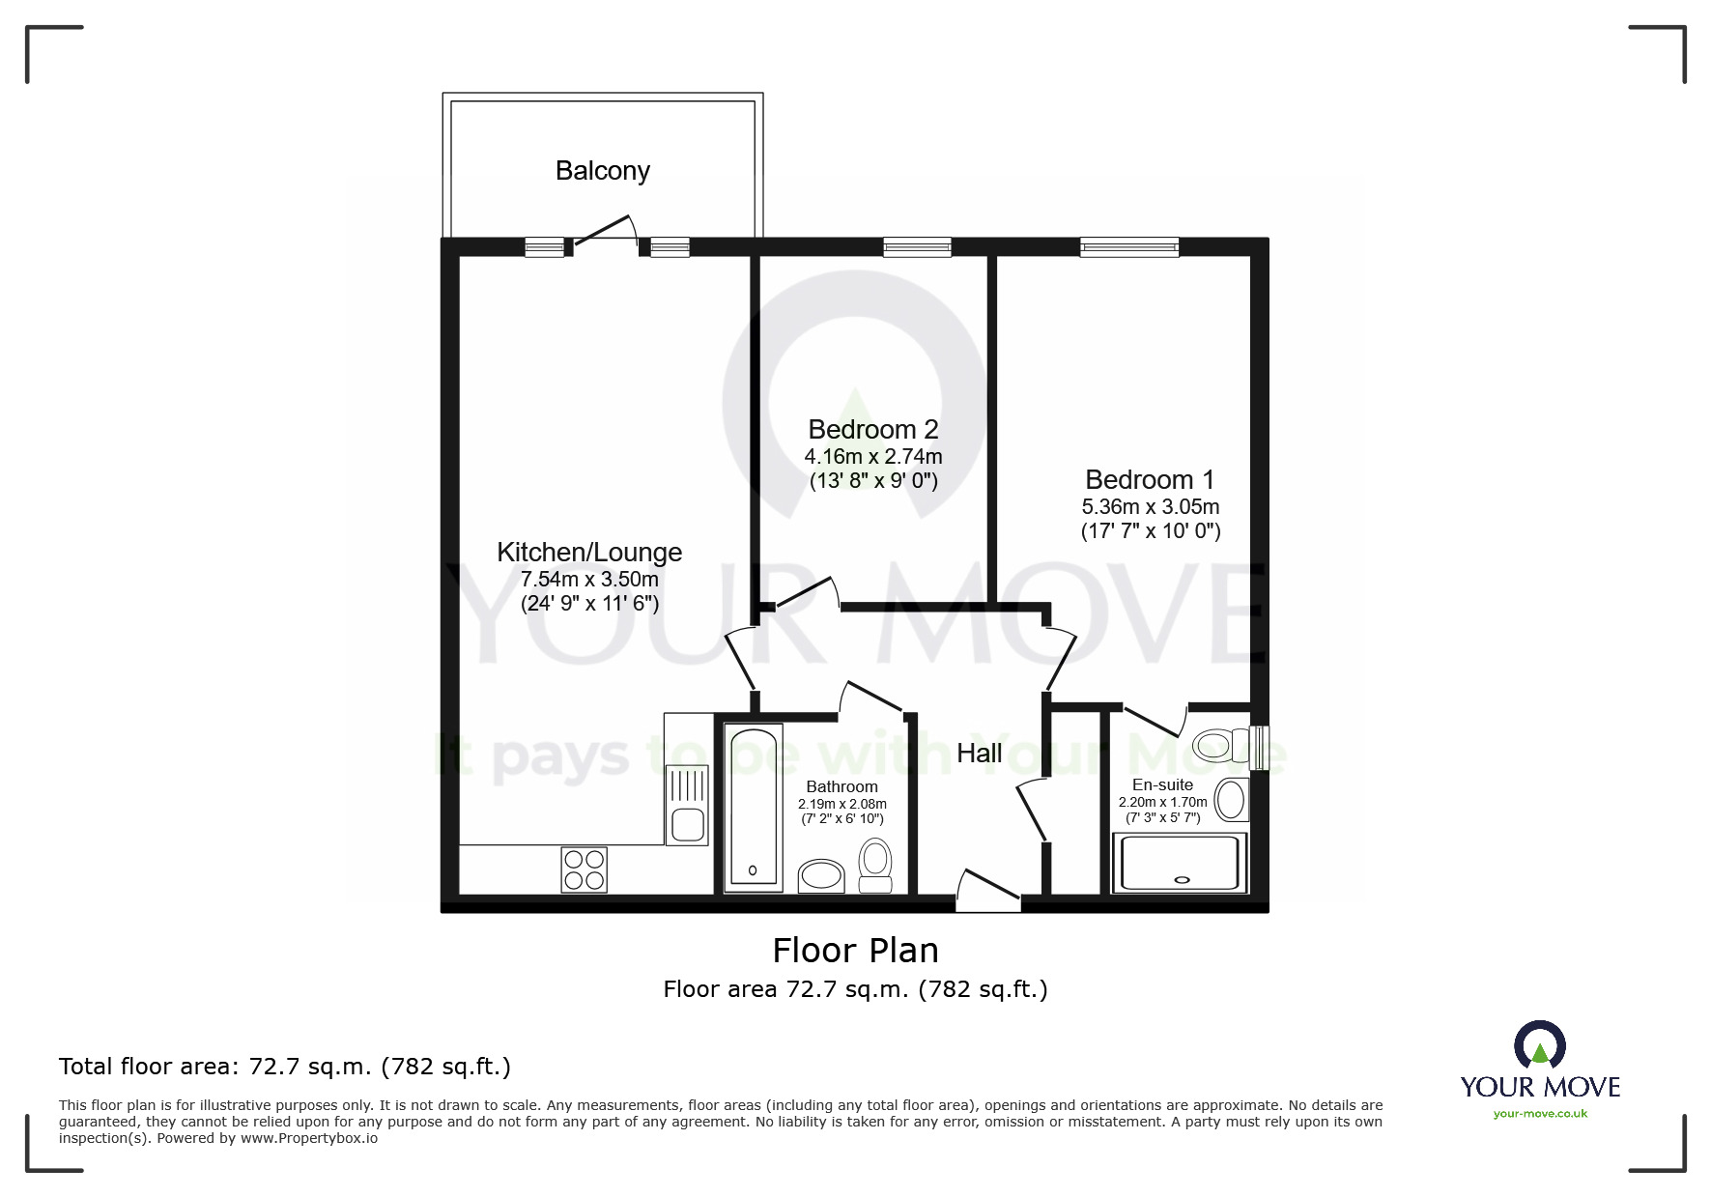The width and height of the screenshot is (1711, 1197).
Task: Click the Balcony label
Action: click(x=602, y=171)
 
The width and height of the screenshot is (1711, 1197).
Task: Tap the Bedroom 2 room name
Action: click(x=873, y=429)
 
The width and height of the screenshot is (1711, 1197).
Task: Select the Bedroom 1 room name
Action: click(x=1150, y=479)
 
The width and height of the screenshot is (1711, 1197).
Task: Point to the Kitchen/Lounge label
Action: click(x=589, y=553)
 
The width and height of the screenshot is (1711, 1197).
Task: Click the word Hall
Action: click(x=979, y=754)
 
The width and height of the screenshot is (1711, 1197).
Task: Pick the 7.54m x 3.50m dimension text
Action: click(x=589, y=580)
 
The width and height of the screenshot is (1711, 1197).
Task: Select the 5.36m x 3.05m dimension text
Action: click(x=1151, y=506)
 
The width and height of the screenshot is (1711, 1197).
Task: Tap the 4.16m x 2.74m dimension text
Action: click(x=873, y=456)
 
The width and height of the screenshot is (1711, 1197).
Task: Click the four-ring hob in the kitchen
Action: click(x=585, y=869)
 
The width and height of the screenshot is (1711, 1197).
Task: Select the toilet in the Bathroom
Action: click(x=875, y=866)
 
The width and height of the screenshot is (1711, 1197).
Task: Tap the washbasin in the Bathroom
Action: click(x=821, y=876)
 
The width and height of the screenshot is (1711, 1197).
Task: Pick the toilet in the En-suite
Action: click(x=1220, y=746)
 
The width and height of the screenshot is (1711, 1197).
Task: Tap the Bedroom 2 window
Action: click(x=917, y=247)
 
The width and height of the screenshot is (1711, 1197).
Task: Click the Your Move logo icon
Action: click(x=1539, y=1044)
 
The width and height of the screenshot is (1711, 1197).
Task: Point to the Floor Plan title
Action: click(x=856, y=951)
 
